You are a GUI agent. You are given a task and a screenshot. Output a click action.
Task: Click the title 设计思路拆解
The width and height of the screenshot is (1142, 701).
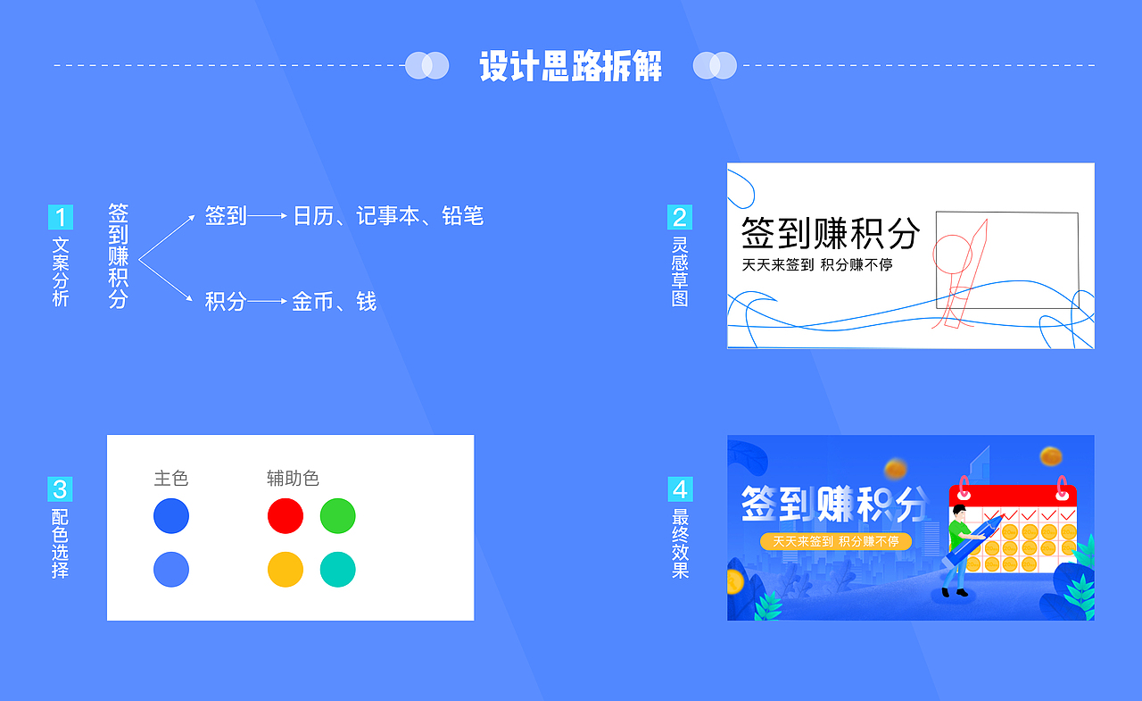(x=571, y=66)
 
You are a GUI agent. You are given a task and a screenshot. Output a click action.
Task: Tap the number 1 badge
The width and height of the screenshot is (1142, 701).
(x=60, y=217)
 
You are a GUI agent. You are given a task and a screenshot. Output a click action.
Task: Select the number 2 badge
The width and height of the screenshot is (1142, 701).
(x=680, y=217)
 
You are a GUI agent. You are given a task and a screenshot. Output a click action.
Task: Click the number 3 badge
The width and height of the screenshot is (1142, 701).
(x=60, y=488)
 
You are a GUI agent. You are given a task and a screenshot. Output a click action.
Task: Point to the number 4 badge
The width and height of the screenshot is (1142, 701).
(x=680, y=488)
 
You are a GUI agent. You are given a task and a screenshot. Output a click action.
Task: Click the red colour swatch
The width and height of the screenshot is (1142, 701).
(x=285, y=516)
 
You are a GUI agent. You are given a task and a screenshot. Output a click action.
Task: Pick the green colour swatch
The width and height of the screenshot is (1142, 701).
(x=338, y=516)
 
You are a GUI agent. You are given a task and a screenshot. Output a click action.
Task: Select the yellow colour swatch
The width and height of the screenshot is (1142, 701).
(x=285, y=570)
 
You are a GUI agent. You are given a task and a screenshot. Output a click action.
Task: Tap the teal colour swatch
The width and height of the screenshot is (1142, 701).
(x=338, y=570)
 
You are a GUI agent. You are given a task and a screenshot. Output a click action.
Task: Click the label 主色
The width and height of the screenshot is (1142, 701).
(x=171, y=479)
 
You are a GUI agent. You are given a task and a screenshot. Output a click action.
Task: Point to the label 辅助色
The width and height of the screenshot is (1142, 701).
(x=293, y=479)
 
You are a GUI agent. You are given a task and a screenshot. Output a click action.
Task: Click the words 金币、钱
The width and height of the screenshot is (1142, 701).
(x=334, y=302)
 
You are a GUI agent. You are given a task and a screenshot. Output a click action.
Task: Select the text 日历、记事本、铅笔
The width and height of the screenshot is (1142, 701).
(x=388, y=216)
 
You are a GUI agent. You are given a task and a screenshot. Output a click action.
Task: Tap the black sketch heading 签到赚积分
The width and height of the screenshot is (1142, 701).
(x=830, y=233)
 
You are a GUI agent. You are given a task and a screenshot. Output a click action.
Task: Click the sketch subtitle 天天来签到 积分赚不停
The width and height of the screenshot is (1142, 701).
(x=817, y=265)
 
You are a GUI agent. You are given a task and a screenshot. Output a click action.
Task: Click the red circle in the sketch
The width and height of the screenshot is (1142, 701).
(x=952, y=254)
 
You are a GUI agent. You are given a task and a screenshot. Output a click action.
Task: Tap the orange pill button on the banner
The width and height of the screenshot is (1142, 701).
(x=836, y=542)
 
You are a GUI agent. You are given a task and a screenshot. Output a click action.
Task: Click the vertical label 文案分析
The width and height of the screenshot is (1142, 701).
(x=60, y=271)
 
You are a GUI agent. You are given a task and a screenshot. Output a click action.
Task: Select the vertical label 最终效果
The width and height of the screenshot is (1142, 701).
(x=680, y=543)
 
